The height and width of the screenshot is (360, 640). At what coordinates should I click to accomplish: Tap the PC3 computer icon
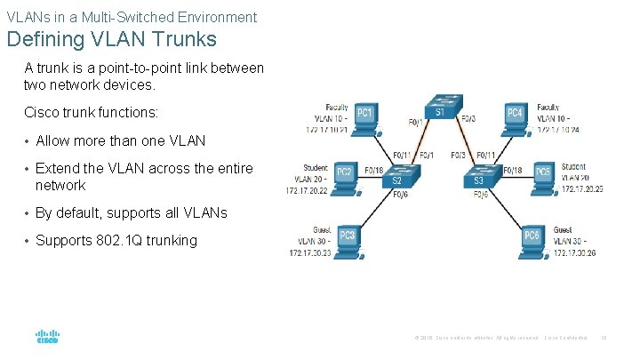[x=348, y=237]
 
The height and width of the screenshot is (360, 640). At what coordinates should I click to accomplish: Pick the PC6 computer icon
[x=532, y=237]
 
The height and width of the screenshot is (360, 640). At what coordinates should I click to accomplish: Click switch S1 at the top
[x=440, y=108]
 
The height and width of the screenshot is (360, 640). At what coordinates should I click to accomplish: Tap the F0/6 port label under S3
[x=480, y=194]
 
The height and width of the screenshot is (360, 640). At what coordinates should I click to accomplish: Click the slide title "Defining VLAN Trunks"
[x=111, y=41]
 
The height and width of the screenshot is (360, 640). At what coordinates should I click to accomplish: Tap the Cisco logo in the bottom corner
[x=47, y=337]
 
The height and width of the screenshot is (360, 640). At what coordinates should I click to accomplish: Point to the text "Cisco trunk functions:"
[x=92, y=113]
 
